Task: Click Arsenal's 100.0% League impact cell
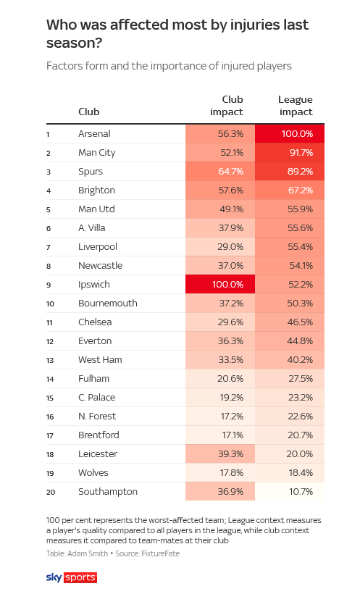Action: click(x=290, y=134)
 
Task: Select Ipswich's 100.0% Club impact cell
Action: click(x=220, y=285)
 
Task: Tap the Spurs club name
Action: click(x=91, y=172)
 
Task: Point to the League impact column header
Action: click(x=296, y=106)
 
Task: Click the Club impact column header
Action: click(x=227, y=106)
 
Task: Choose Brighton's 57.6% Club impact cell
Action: click(x=220, y=191)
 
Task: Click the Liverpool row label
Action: click(x=98, y=247)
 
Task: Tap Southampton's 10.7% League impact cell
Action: click(x=290, y=492)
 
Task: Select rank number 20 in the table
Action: click(x=51, y=492)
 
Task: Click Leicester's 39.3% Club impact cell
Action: click(x=220, y=454)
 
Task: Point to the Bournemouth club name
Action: click(x=108, y=304)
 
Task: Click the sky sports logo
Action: click(x=72, y=577)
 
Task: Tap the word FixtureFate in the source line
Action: click(x=160, y=553)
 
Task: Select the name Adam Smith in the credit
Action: click(x=88, y=553)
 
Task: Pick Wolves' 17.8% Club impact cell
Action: click(x=220, y=473)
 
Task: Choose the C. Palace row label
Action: click(x=96, y=398)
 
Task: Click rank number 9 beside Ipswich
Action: click(x=49, y=285)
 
